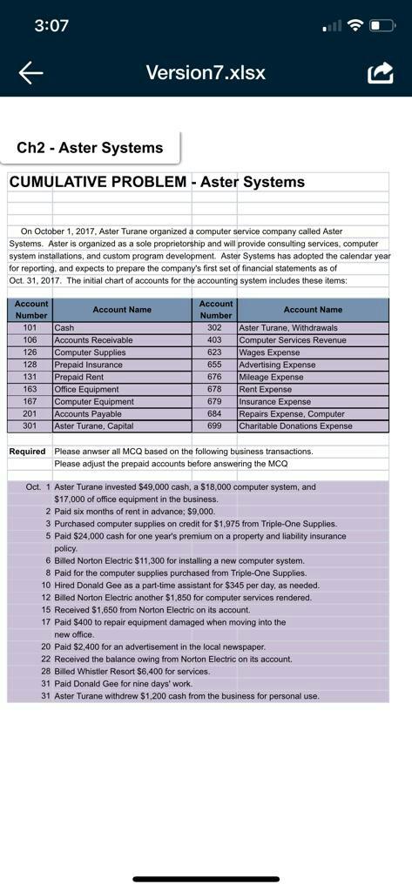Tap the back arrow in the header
tap(30, 73)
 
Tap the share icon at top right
tap(380, 72)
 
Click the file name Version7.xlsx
tap(206, 73)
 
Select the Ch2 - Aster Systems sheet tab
tap(91, 147)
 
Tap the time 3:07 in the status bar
tap(51, 25)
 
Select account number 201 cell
tap(30, 414)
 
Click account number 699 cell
tap(215, 426)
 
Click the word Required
tap(27, 452)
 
